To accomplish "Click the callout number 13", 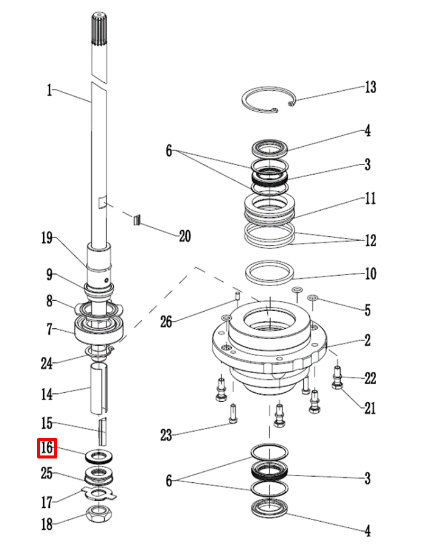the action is pos(371,87).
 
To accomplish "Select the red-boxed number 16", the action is pos(47,448).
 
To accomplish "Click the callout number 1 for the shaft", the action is pos(49,91).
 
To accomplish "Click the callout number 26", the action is pos(166,321).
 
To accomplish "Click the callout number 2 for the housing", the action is pos(368,340).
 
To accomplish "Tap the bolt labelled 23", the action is pos(233,413).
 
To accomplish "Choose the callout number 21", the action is pos(369,408).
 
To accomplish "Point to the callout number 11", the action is pos(370,198).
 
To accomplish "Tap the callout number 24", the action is pos(46,364).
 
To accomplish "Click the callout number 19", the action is pos(47,238).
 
